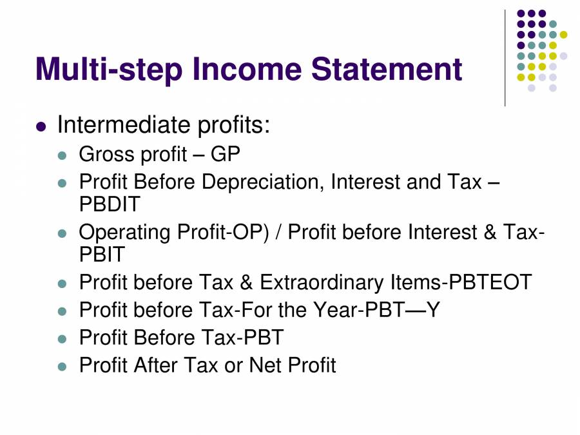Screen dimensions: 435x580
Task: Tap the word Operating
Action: pyautogui.click(x=126, y=233)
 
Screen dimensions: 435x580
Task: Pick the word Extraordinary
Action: pyautogui.click(x=322, y=282)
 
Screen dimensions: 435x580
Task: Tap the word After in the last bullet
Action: pyautogui.click(x=156, y=365)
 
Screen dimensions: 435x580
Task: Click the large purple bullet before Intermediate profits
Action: pyautogui.click(x=42, y=126)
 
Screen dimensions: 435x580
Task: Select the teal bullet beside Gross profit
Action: pyautogui.click(x=63, y=156)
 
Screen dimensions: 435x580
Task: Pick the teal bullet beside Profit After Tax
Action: pyautogui.click(x=63, y=367)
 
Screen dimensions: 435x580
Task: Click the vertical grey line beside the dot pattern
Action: pyautogui.click(x=505, y=58)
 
